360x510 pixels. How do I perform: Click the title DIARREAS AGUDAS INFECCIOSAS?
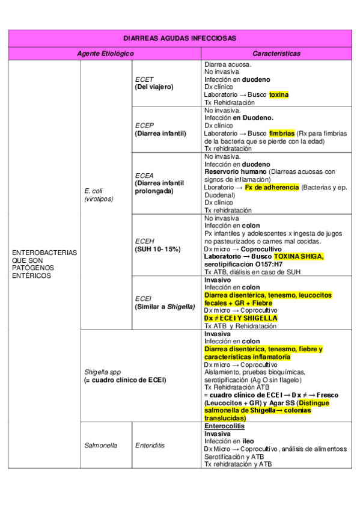tap(180, 38)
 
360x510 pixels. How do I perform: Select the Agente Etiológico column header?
tap(105, 54)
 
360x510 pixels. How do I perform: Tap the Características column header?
tap(276, 54)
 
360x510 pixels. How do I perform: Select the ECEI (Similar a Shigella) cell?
tap(165, 302)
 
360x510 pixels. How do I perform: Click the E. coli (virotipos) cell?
tap(99, 194)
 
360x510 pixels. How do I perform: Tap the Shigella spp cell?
tap(124, 376)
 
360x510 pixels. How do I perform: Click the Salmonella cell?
tap(100, 446)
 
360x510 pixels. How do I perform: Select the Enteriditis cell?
tap(150, 446)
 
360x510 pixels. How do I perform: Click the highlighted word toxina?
tap(278, 95)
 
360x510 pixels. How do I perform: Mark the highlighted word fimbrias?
tap(281, 134)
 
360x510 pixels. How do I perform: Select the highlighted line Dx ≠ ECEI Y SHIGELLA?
tap(240, 318)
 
